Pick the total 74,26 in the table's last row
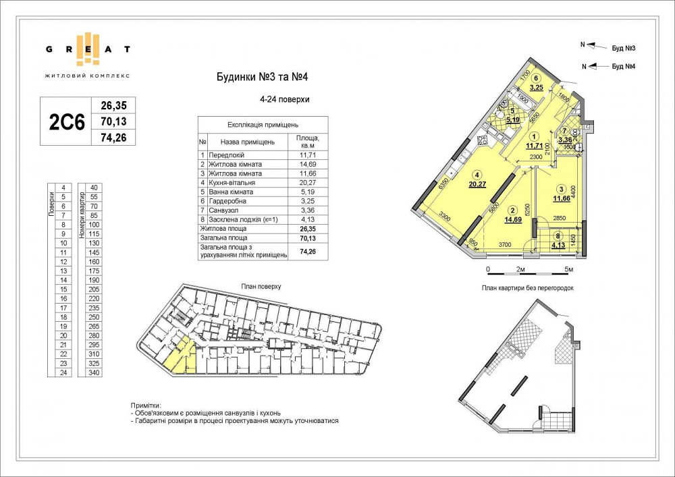pyautogui.click(x=307, y=251)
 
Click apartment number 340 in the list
pyautogui.click(x=94, y=372)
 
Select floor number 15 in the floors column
pyautogui.click(x=63, y=289)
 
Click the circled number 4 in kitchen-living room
pyautogui.click(x=476, y=173)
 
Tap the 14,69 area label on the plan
pyautogui.click(x=513, y=219)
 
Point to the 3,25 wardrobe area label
pyautogui.click(x=537, y=88)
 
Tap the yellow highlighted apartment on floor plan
pyautogui.click(x=181, y=355)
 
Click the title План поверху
pyautogui.click(x=261, y=287)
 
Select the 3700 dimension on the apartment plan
pyautogui.click(x=508, y=244)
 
